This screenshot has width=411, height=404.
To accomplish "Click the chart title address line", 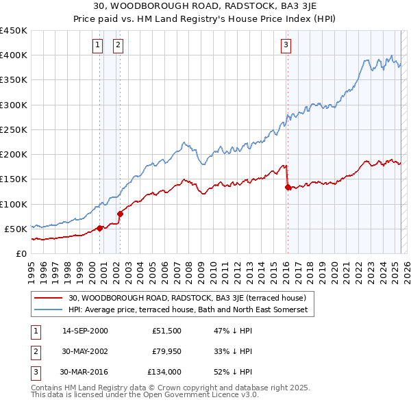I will click(206, 6).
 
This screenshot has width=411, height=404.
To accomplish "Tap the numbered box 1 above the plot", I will click(98, 46).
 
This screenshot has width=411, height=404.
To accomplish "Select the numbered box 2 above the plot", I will click(119, 46).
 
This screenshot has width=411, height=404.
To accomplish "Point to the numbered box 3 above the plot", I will click(286, 46).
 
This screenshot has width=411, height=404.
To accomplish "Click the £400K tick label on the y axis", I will click(14, 55).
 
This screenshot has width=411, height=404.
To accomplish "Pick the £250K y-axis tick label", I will click(14, 129).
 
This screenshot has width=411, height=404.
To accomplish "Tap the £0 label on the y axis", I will click(21, 253).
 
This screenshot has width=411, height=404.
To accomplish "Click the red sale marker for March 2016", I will click(288, 187).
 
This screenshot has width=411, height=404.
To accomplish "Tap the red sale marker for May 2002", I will click(120, 214).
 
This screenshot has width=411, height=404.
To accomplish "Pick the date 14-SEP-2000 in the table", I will click(85, 331).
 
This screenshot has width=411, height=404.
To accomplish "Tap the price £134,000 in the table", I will click(164, 373).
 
